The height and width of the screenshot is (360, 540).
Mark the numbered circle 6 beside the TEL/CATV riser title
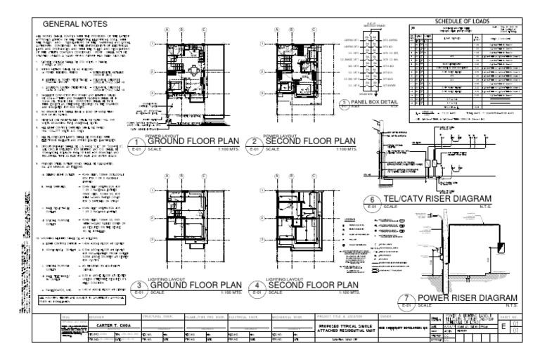coord(371,200)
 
